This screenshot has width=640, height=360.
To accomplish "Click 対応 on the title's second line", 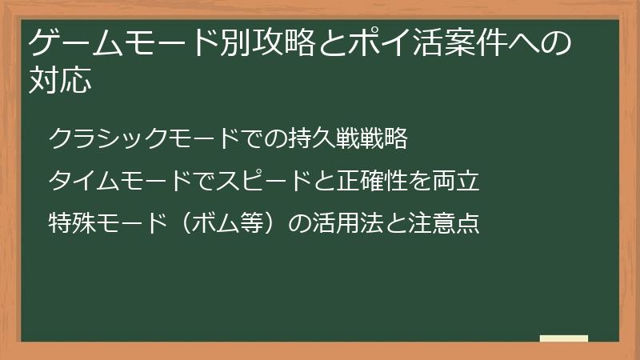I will [58, 81].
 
